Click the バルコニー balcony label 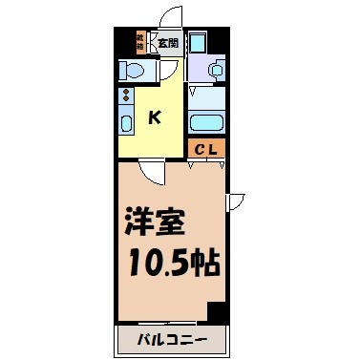tap(173, 340)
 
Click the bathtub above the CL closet tap(206, 121)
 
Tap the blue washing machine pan tap(200, 42)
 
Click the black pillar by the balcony tap(217, 312)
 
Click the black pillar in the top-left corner tap(121, 42)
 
